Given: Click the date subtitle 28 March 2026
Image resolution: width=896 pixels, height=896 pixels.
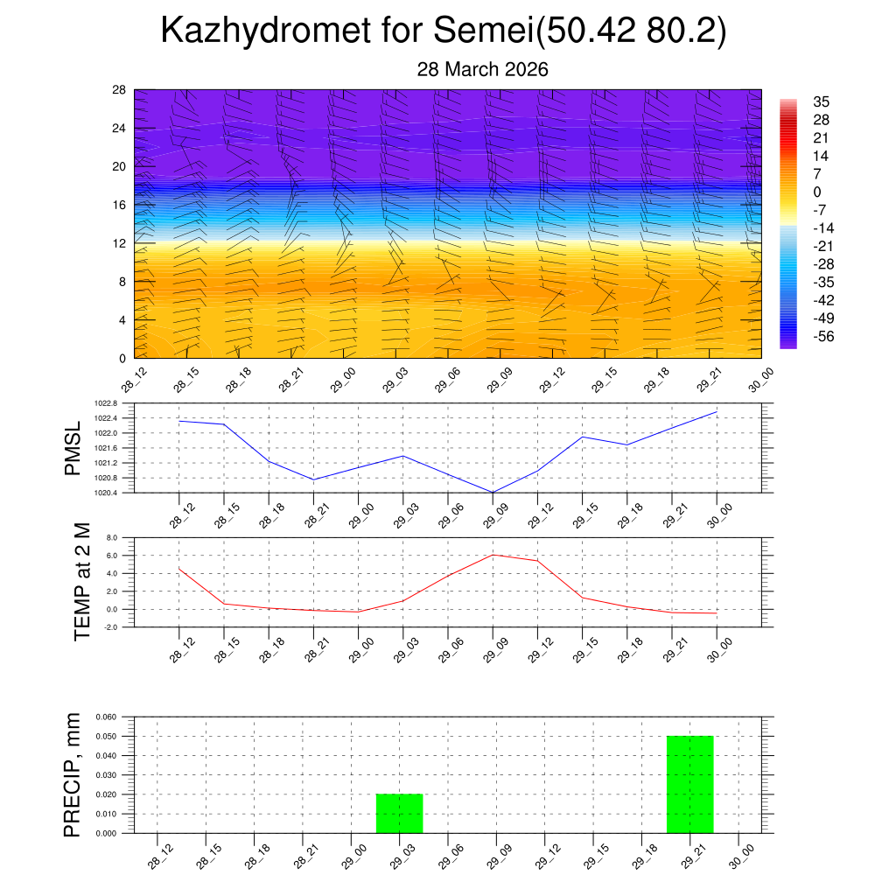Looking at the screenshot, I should tap(482, 70).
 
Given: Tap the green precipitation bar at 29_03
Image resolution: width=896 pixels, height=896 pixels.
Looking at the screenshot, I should tap(399, 814).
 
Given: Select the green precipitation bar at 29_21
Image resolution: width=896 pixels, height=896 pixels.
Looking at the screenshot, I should tap(690, 785).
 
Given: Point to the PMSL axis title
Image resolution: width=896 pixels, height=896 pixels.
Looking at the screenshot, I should tap(73, 448).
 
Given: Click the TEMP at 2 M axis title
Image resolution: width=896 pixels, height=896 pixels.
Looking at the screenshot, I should tap(81, 582).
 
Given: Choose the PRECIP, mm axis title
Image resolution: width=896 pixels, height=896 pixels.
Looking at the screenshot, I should tap(73, 775).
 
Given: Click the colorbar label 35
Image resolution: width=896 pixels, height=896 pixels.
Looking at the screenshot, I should tap(821, 101).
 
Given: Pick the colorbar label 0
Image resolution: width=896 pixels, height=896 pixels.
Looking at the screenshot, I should tap(817, 192).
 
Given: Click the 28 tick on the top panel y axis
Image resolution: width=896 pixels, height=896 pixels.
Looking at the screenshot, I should tap(119, 90).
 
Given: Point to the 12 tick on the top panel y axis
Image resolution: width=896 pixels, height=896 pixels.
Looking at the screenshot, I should tap(119, 243).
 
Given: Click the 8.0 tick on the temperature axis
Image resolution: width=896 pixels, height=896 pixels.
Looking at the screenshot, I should tap(112, 538).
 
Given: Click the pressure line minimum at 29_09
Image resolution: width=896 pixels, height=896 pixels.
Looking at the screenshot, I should tap(493, 493).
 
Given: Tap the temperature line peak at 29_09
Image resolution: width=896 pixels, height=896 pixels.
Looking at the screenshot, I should tap(493, 555).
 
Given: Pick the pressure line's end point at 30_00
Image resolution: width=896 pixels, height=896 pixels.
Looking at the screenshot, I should tap(717, 411).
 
